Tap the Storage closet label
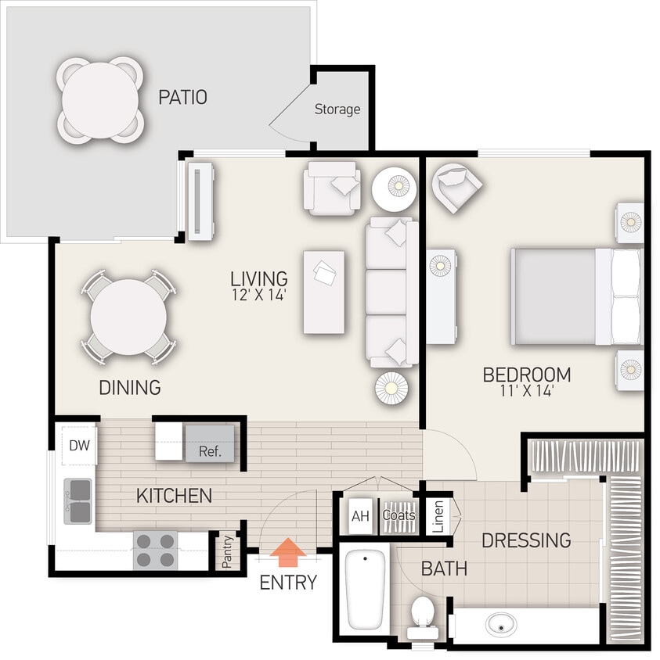pyautogui.click(x=337, y=109)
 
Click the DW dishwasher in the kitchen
pyautogui.click(x=78, y=446)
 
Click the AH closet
pyautogui.click(x=359, y=516)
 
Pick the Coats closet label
pyautogui.click(x=399, y=515)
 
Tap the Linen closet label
pyautogui.click(x=438, y=517)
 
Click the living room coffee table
pyautogui.click(x=325, y=291)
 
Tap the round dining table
pyautogui.click(x=128, y=317)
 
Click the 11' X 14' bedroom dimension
pyautogui.click(x=526, y=392)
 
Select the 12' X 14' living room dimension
pyautogui.click(x=258, y=295)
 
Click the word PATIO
pyautogui.click(x=182, y=98)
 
